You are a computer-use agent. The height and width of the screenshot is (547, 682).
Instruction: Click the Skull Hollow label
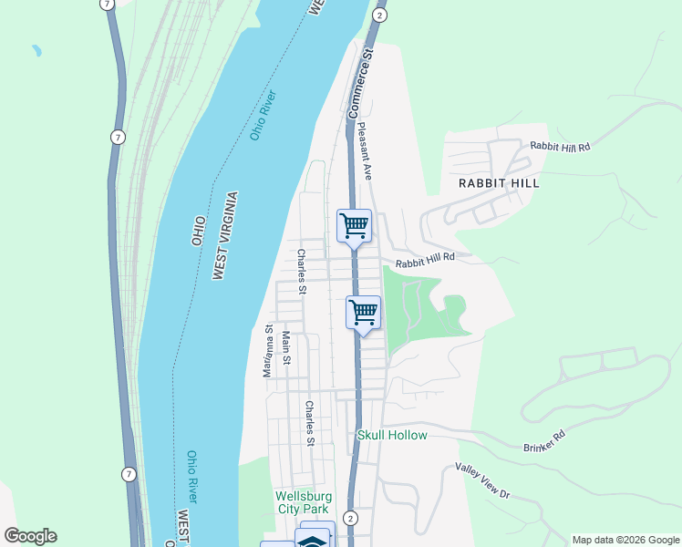coord(392,435)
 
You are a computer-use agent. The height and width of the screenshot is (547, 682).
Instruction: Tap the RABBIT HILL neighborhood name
coord(499,182)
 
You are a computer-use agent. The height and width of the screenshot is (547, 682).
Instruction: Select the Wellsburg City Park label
coord(304,502)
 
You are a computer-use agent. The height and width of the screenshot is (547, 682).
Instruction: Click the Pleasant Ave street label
coord(367,151)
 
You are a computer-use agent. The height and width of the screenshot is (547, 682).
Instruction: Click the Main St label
coord(286,347)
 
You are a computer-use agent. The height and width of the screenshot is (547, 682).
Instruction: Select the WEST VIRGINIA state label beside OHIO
coord(224,235)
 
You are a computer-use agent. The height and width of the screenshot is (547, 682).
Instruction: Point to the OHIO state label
coord(198,230)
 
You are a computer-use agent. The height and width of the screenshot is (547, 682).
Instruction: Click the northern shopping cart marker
coord(354,225)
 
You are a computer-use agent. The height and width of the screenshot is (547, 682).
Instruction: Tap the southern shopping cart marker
coord(363,313)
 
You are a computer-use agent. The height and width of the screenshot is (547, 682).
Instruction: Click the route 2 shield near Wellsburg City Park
coord(351,518)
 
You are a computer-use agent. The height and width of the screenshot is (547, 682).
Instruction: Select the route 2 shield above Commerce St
coord(379,15)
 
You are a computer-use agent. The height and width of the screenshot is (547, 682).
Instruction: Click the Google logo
coord(30,536)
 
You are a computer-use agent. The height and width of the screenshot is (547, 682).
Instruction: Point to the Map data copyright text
coord(625,540)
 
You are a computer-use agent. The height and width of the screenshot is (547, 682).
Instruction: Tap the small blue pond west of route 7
coord(36,50)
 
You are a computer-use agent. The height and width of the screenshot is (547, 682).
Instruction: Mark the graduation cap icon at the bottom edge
coord(313,540)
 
